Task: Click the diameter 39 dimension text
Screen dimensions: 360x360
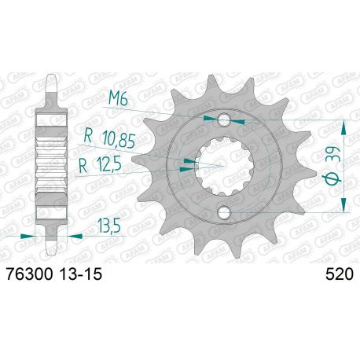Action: (331, 165)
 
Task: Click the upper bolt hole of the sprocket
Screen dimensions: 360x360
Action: (224, 119)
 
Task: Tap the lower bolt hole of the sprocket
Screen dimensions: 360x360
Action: (224, 211)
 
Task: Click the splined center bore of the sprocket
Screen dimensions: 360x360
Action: (224, 165)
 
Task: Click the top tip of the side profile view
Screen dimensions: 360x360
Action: (53, 79)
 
